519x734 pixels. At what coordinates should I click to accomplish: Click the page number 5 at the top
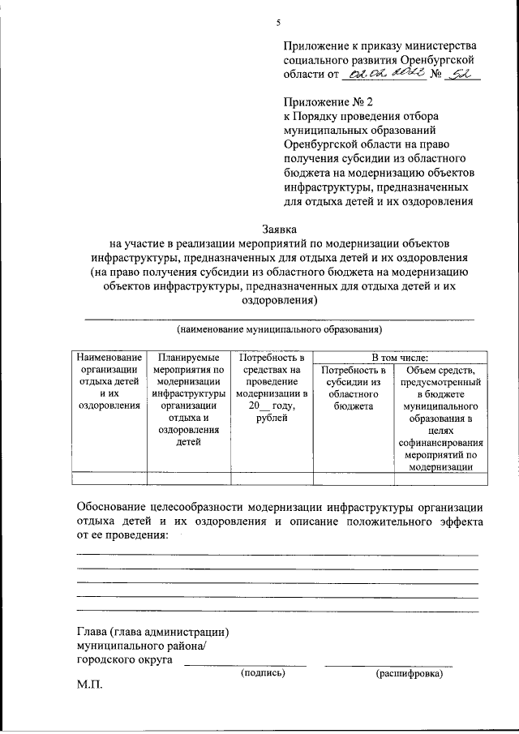pos(277,22)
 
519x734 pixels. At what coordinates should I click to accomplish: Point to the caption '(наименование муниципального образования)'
pos(279,330)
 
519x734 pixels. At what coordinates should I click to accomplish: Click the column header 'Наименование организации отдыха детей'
pos(109,381)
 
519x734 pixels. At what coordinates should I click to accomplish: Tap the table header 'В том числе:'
pos(399,357)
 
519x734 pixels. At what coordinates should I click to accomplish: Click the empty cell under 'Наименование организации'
pos(109,478)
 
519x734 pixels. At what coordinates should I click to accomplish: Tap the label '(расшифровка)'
pos(410,674)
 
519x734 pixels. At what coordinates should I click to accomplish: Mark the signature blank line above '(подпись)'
pos(246,664)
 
